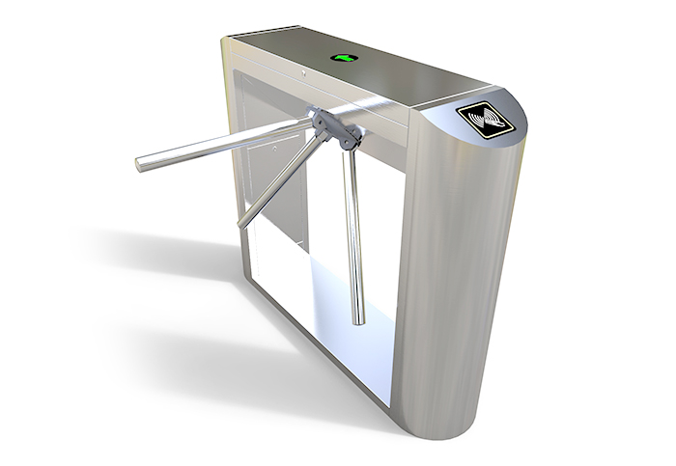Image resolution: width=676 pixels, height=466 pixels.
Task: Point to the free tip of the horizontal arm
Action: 142,164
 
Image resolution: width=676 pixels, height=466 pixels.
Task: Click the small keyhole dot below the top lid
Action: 303,73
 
